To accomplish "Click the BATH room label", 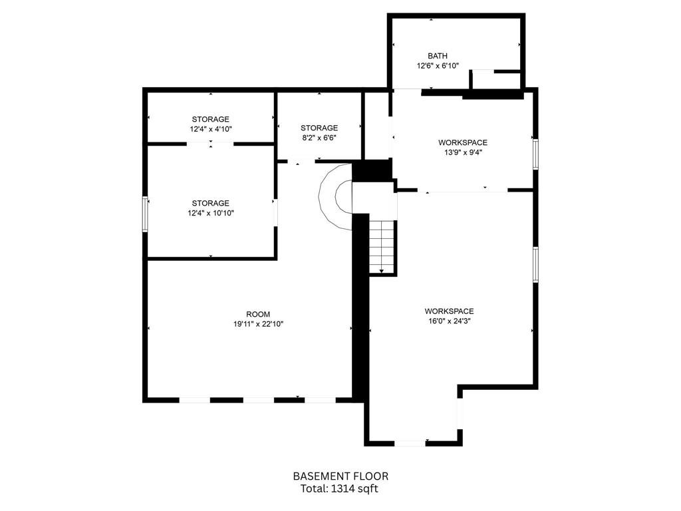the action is [438, 56].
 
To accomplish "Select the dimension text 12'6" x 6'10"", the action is [438, 66].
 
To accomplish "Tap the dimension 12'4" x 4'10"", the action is [211, 129].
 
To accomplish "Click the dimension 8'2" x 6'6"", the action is [319, 138].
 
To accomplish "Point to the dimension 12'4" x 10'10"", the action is [211, 213].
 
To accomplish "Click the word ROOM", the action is [258, 314].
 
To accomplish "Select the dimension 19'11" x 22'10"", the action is [259, 324].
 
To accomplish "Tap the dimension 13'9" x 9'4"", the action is [463, 152].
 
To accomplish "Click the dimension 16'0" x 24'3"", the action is [450, 321].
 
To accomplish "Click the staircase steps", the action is [382, 246].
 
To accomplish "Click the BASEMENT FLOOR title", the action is [341, 476].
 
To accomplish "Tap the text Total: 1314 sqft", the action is [339, 489].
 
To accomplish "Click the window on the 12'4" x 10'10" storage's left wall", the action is [146, 214].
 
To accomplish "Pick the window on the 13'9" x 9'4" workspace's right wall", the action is [535, 154].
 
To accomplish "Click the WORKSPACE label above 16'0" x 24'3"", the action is [449, 311].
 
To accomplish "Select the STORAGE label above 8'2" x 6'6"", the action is [319, 128].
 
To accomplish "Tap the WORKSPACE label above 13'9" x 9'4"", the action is [463, 142].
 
